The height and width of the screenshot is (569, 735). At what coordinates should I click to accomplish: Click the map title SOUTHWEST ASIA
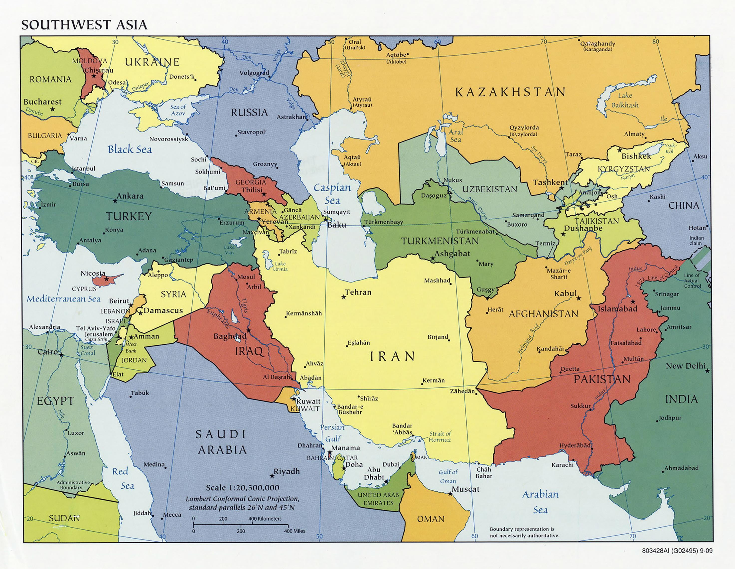pyautogui.click(x=84, y=25)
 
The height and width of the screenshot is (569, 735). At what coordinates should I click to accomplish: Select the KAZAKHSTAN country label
pyautogui.click(x=510, y=92)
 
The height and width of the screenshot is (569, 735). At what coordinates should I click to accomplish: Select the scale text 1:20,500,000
pyautogui.click(x=242, y=488)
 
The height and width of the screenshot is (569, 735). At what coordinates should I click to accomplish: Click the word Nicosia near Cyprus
pyautogui.click(x=93, y=273)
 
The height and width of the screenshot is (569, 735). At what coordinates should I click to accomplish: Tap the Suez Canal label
pyautogui.click(x=88, y=350)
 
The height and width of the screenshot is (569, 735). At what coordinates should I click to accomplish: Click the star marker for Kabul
pyautogui.click(x=579, y=298)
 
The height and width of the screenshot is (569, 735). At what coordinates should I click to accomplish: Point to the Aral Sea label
pyautogui.click(x=456, y=136)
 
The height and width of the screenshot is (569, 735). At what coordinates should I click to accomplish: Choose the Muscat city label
pyautogui.click(x=465, y=489)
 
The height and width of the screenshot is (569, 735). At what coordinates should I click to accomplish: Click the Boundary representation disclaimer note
pyautogui.click(x=524, y=532)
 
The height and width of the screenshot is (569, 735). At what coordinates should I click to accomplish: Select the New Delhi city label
pyautogui.click(x=686, y=366)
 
